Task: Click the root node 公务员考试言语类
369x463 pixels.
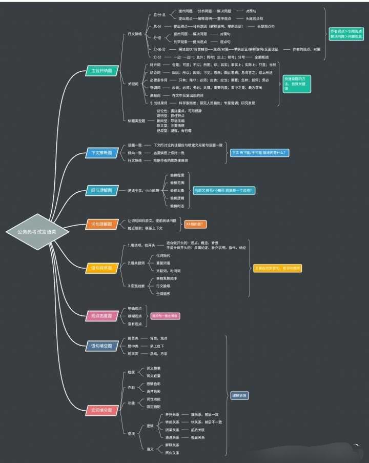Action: (36, 232)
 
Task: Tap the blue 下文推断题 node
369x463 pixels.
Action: (100, 153)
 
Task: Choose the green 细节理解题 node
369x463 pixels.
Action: (100, 191)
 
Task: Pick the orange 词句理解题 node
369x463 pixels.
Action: (100, 224)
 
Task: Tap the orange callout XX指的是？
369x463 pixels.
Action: (195, 224)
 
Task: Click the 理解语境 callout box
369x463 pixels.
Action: (239, 395)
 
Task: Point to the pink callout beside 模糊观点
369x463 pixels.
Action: (165, 316)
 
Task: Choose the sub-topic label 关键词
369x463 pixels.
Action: (133, 83)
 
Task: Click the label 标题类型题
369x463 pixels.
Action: (137, 120)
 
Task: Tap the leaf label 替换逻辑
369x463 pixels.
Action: (177, 198)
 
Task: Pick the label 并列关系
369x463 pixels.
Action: (172, 414)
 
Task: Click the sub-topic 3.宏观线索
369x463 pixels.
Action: (137, 285)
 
